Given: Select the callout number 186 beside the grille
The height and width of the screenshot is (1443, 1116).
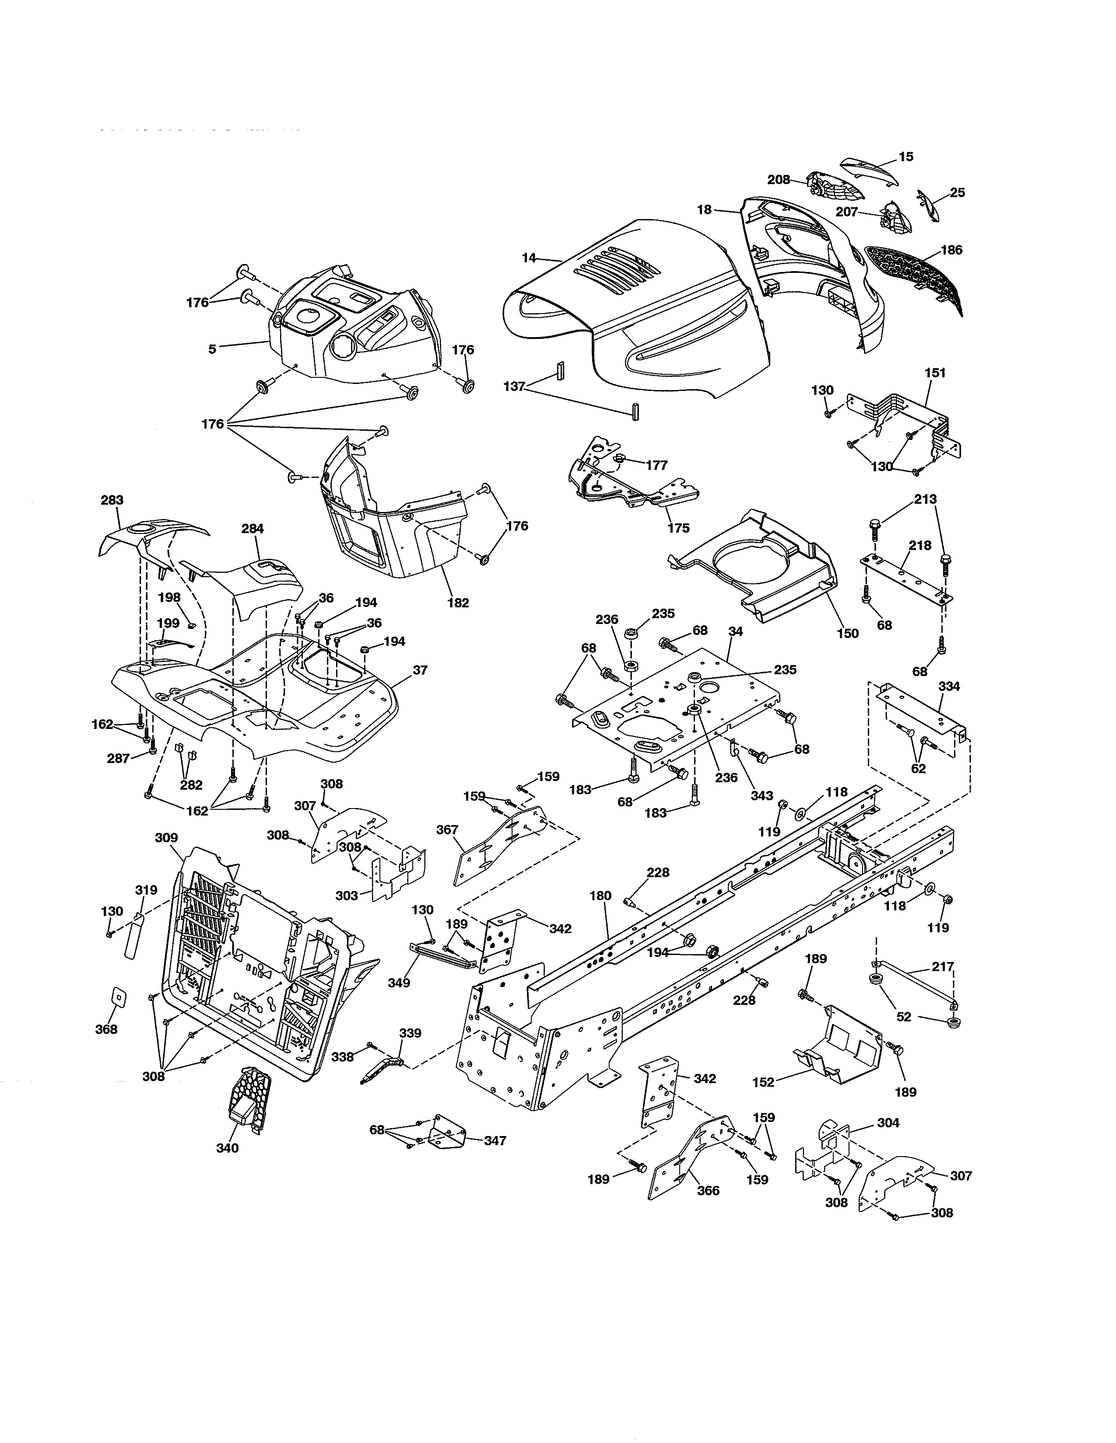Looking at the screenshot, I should (951, 250).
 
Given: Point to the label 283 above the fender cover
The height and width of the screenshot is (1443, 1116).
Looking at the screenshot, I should (112, 500).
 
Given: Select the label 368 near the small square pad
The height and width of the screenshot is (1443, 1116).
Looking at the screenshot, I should (106, 1029).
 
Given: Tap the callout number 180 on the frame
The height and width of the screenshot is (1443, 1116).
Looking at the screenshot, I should (600, 896).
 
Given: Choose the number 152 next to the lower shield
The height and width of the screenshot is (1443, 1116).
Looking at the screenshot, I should (764, 1082).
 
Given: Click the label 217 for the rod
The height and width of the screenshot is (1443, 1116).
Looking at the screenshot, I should (943, 967).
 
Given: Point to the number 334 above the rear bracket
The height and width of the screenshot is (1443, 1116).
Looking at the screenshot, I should (949, 687).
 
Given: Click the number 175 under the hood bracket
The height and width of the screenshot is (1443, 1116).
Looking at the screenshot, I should (678, 528).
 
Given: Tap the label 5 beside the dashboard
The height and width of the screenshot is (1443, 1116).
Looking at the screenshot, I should (212, 349).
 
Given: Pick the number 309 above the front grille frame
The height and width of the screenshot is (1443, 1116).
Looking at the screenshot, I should (166, 838).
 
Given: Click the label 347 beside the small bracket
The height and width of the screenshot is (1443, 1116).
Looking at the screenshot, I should (495, 1140).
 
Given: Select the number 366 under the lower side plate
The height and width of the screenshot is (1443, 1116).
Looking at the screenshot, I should (708, 1191).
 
